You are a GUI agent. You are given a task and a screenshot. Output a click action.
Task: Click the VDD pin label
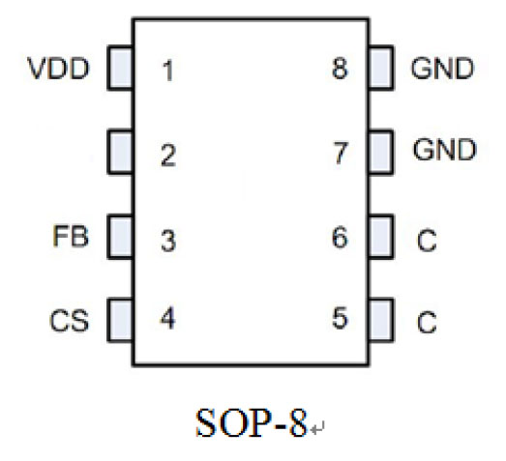(58, 69)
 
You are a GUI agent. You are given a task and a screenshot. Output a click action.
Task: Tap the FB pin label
(71, 237)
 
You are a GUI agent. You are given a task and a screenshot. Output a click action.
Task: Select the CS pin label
(69, 321)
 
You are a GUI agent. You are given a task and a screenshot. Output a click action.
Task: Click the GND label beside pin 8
(442, 69)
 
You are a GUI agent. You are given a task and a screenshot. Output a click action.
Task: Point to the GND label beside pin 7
(444, 149)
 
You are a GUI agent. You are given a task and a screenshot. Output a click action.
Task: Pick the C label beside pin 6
(427, 240)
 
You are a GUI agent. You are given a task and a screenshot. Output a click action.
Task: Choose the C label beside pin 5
(427, 322)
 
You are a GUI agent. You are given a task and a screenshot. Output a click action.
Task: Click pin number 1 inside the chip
(167, 71)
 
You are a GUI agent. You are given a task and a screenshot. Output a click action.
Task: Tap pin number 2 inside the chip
(168, 156)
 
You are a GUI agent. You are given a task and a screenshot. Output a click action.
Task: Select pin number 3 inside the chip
(168, 241)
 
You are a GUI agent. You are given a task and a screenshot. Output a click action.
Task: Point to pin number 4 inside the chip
(167, 318)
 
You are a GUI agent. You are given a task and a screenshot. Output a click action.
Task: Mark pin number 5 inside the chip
(341, 318)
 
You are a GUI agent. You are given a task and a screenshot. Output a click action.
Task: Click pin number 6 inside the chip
(341, 238)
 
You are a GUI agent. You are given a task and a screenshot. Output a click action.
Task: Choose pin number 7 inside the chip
(341, 153)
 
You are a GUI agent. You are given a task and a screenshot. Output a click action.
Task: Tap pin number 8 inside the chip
(341, 69)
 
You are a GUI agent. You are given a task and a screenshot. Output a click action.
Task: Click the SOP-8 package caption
(251, 422)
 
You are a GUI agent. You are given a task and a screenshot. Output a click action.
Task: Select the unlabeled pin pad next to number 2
(120, 152)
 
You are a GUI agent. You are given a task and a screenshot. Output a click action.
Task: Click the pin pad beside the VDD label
(120, 68)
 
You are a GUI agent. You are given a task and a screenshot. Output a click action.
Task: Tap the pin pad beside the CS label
(120, 320)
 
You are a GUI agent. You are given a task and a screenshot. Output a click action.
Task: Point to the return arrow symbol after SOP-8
(317, 428)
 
